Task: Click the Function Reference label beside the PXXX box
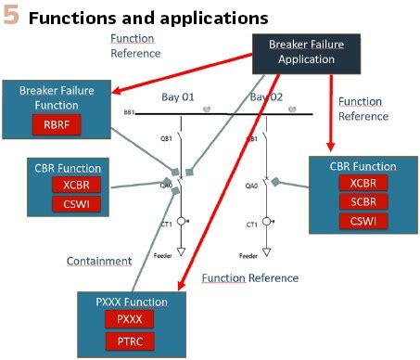249,278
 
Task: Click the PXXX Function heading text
131,302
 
